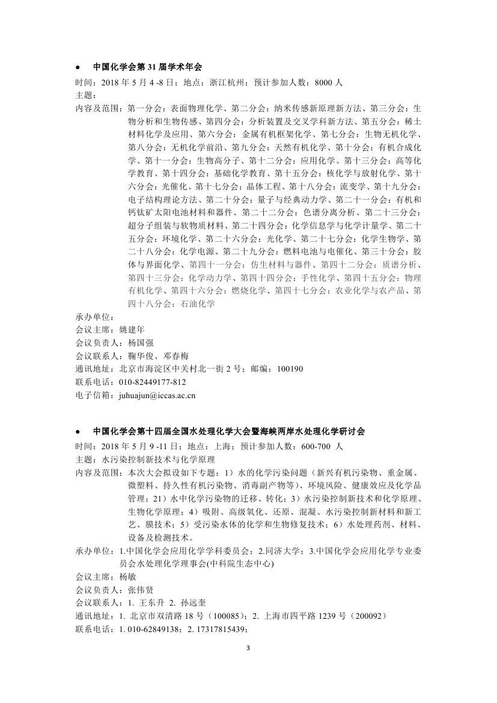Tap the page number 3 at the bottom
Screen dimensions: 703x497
[248, 648]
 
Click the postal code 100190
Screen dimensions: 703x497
[290, 369]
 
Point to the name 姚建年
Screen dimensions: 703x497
[132, 330]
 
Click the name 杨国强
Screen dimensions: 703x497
[141, 343]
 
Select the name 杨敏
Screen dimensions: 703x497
[128, 576]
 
